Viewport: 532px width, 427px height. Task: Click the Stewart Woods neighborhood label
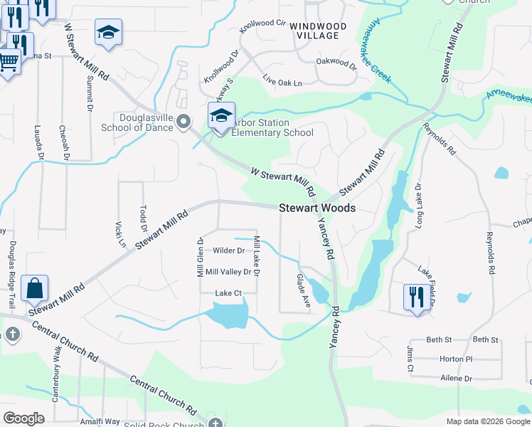316,209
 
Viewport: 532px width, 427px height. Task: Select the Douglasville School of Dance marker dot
184,122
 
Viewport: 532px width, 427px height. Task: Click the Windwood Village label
318,31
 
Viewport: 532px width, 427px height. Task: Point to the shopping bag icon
34,289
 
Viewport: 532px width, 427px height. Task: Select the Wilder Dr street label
229,251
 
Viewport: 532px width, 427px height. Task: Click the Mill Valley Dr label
228,272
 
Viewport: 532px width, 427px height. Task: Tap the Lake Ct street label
229,293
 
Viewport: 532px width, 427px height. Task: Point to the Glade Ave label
304,291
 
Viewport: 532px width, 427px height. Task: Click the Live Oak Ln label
282,79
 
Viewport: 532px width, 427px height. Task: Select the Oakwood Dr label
336,63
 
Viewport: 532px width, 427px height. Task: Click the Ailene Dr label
456,379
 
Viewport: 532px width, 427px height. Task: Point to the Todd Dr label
143,213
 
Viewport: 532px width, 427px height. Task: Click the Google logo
24,418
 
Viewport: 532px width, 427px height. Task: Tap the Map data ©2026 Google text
487,421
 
